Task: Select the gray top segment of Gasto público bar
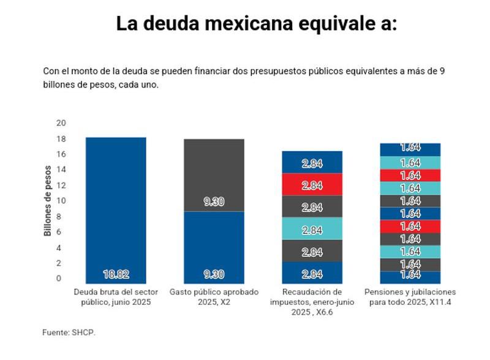(x=214, y=174)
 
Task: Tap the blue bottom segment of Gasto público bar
(x=214, y=245)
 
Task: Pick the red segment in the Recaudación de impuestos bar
(x=312, y=184)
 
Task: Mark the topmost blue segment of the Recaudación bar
(x=312, y=162)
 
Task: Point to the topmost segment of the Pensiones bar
(x=410, y=149)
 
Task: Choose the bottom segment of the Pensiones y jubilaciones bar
(x=410, y=277)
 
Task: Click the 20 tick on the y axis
(x=60, y=122)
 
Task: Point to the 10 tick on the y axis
(x=60, y=201)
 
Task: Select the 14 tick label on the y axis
(x=60, y=170)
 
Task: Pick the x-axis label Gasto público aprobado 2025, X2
(x=214, y=296)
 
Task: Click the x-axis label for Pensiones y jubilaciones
(x=410, y=296)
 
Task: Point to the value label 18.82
(x=116, y=274)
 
